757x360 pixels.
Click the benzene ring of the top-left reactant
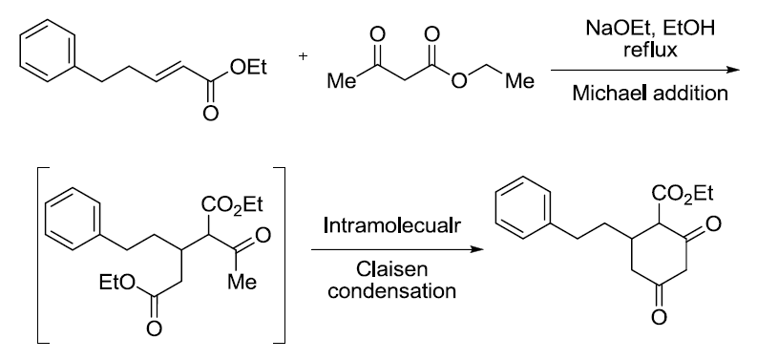pos(39,51)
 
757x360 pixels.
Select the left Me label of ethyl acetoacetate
pos(339,83)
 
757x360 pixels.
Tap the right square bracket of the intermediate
pos(282,252)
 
